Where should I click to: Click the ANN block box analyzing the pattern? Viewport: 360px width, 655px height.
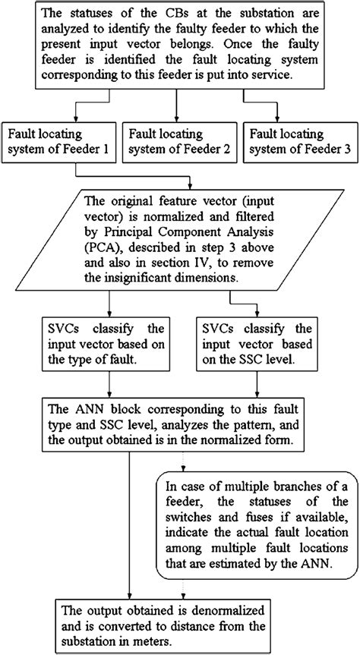[179, 426]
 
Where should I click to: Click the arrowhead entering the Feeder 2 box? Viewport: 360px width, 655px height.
[179, 117]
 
